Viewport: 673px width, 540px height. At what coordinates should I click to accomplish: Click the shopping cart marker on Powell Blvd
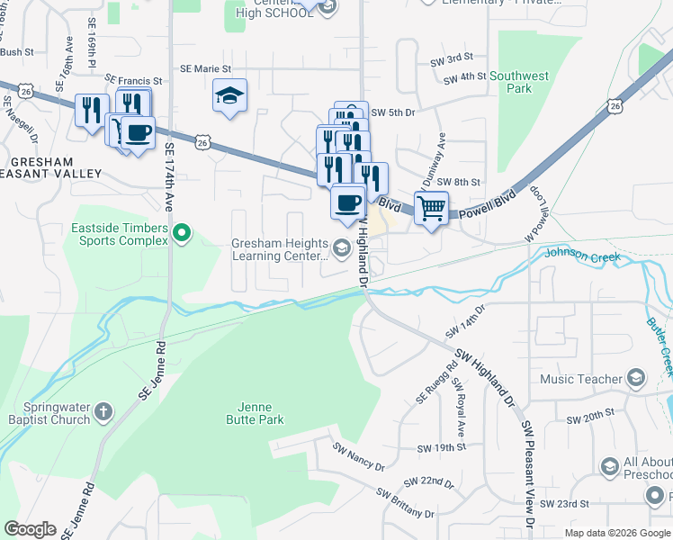click(432, 209)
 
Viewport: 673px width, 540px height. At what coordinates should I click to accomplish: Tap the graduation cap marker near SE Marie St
click(229, 95)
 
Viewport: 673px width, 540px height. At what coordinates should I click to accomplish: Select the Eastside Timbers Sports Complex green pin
click(183, 234)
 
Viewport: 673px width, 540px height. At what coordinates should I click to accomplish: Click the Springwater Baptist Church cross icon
click(103, 413)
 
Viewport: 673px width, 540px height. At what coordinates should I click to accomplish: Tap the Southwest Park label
click(518, 83)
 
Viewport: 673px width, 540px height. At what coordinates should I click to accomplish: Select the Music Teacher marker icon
click(637, 378)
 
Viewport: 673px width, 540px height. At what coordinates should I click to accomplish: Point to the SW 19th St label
click(441, 447)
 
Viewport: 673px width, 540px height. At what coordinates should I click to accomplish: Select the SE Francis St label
click(133, 80)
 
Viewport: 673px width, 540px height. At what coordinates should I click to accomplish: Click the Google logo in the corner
click(30, 529)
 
